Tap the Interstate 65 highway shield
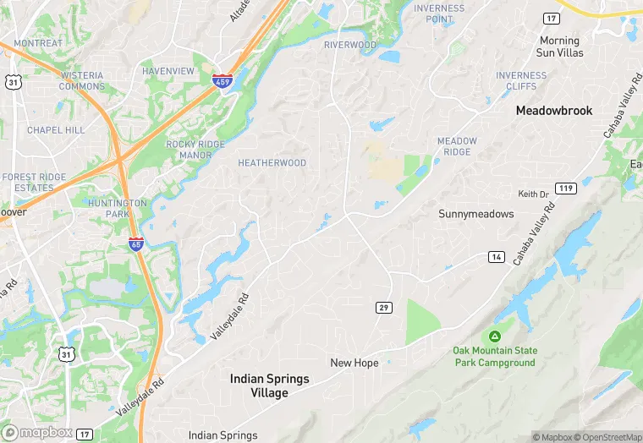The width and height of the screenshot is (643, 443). pyautogui.click(x=135, y=243)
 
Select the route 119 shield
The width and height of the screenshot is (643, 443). pyautogui.click(x=566, y=188)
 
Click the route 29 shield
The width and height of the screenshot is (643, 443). pyautogui.click(x=384, y=308)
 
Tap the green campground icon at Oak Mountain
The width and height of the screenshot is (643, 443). pyautogui.click(x=495, y=336)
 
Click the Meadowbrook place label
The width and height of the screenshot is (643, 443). pyautogui.click(x=554, y=111)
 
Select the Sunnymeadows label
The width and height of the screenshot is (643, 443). pyautogui.click(x=475, y=214)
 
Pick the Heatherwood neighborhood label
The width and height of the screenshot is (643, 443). pyautogui.click(x=272, y=163)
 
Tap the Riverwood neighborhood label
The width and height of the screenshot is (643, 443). pyautogui.click(x=349, y=45)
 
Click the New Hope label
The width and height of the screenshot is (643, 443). pyautogui.click(x=354, y=363)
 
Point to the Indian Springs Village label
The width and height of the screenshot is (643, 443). pyautogui.click(x=270, y=386)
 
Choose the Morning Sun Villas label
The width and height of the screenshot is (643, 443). pyautogui.click(x=559, y=46)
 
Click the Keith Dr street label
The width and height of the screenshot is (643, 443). pyautogui.click(x=533, y=194)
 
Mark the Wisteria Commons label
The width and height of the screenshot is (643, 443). pyautogui.click(x=82, y=81)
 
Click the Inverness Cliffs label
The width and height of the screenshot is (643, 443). pyautogui.click(x=520, y=81)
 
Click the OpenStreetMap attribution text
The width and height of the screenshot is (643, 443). pyautogui.click(x=607, y=437)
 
